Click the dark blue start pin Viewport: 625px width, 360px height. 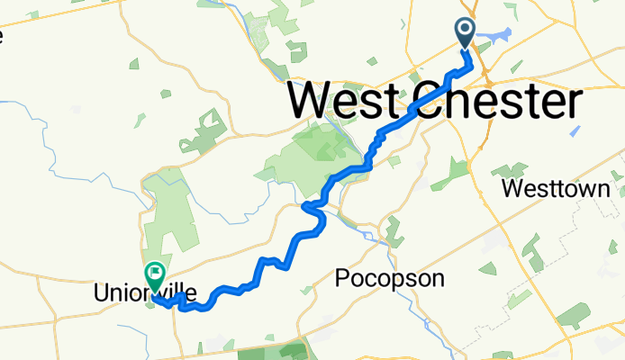(x=466, y=32)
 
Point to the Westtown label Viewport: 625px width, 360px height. (x=563, y=190)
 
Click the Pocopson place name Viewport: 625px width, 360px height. (x=389, y=279)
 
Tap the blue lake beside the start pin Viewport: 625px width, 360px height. (x=493, y=36)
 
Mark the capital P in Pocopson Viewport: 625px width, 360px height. (x=341, y=279)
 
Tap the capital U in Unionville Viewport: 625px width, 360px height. (x=101, y=293)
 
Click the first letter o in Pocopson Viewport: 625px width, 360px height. (x=355, y=281)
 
